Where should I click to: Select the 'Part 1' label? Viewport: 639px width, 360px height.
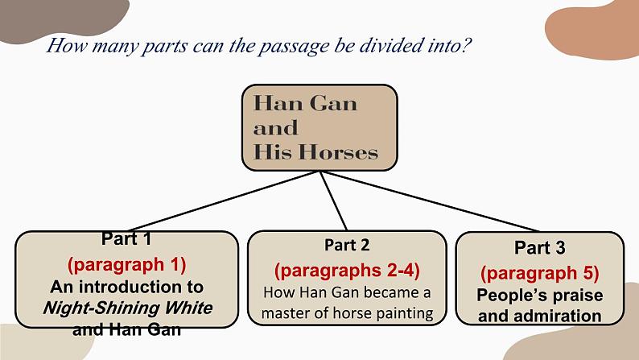[x=126, y=238]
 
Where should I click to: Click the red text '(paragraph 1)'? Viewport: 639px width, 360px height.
[x=126, y=263]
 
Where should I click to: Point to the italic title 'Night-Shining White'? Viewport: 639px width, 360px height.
[x=127, y=308]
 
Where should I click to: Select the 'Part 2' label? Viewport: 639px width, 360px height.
[x=347, y=244]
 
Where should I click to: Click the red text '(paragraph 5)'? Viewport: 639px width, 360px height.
[x=540, y=272]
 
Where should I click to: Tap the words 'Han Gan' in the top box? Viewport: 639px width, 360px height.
[x=305, y=103]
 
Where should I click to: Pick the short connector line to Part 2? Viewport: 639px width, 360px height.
[x=334, y=201]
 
